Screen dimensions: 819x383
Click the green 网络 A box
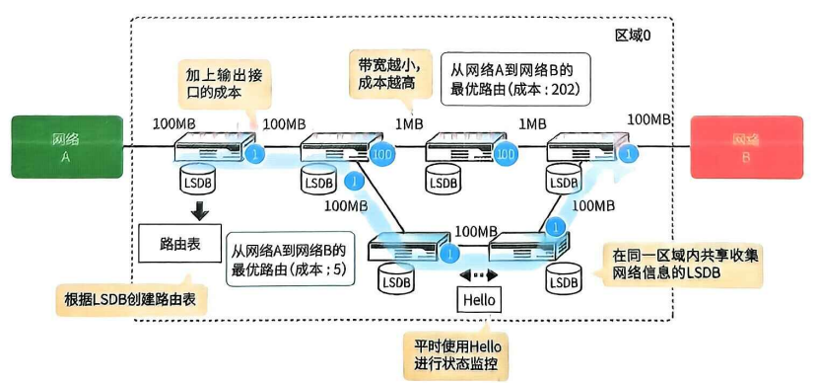[x=67, y=146]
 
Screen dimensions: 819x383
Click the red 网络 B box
[x=747, y=147]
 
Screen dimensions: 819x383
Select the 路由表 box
[x=179, y=244]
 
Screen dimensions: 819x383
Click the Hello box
[x=478, y=301]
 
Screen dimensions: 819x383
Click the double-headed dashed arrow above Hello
[x=478, y=275]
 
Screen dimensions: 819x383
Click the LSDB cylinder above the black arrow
[x=198, y=179]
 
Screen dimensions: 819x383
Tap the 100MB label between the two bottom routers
[x=475, y=231]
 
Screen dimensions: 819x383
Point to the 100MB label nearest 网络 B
[x=648, y=118]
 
